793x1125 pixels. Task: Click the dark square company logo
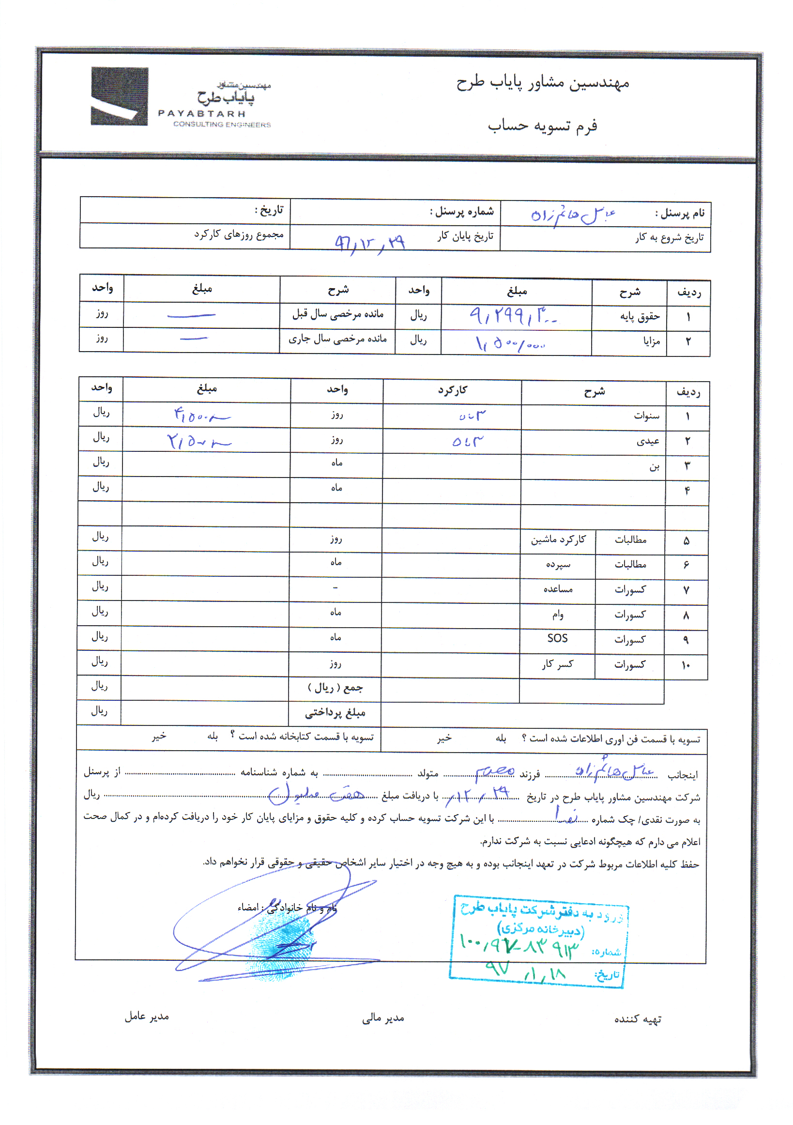[x=119, y=96]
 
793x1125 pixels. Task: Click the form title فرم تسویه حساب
[x=542, y=126]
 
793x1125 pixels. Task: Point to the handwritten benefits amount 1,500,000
[x=510, y=343]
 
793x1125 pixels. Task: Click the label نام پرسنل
[x=680, y=214]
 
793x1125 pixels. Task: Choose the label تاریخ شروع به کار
[x=670, y=238]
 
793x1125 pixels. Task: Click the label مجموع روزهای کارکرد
[x=239, y=235]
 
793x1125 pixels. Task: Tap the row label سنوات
[x=646, y=416]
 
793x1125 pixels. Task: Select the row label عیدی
[x=648, y=442]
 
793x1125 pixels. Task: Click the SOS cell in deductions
[x=557, y=638]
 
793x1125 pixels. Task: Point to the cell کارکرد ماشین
[x=558, y=540]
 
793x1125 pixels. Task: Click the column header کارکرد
[x=452, y=390]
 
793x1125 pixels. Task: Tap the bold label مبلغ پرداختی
[x=335, y=713]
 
